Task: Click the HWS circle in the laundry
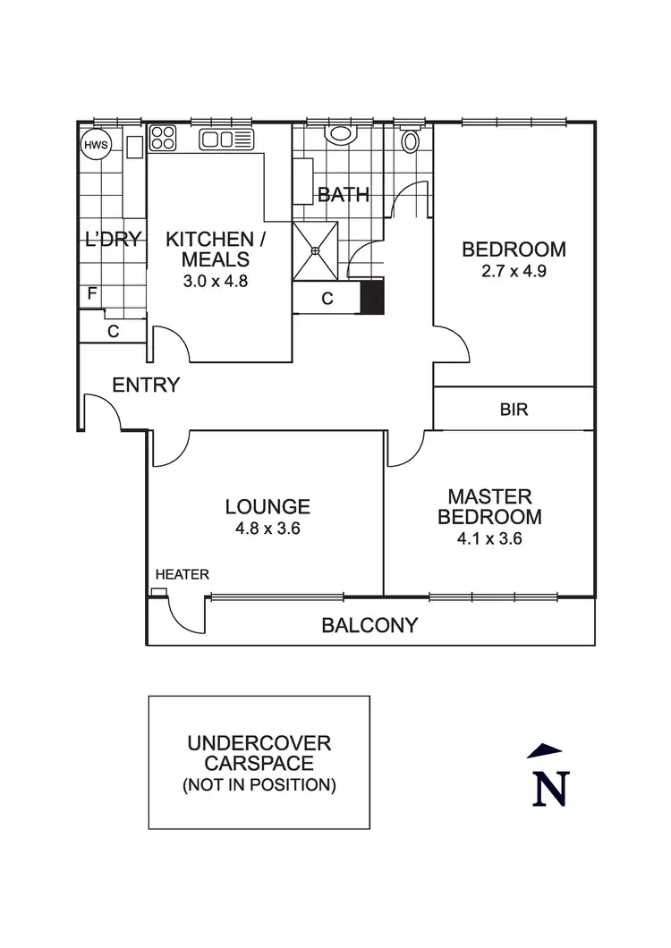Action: pyautogui.click(x=94, y=145)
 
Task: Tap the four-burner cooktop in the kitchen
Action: pyautogui.click(x=163, y=138)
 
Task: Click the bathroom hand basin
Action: pyautogui.click(x=339, y=135)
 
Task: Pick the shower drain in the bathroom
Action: pyautogui.click(x=315, y=251)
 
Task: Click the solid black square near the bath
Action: pyautogui.click(x=371, y=297)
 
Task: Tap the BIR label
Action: pyautogui.click(x=514, y=410)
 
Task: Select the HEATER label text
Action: pyautogui.click(x=183, y=574)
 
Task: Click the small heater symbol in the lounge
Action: pyautogui.click(x=158, y=592)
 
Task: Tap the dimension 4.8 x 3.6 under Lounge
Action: pyautogui.click(x=268, y=528)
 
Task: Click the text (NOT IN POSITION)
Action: pyautogui.click(x=259, y=786)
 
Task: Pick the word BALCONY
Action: pyautogui.click(x=369, y=625)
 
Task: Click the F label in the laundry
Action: pyautogui.click(x=91, y=294)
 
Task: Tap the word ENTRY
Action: pyautogui.click(x=146, y=385)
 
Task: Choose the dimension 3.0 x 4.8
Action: pyautogui.click(x=216, y=279)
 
